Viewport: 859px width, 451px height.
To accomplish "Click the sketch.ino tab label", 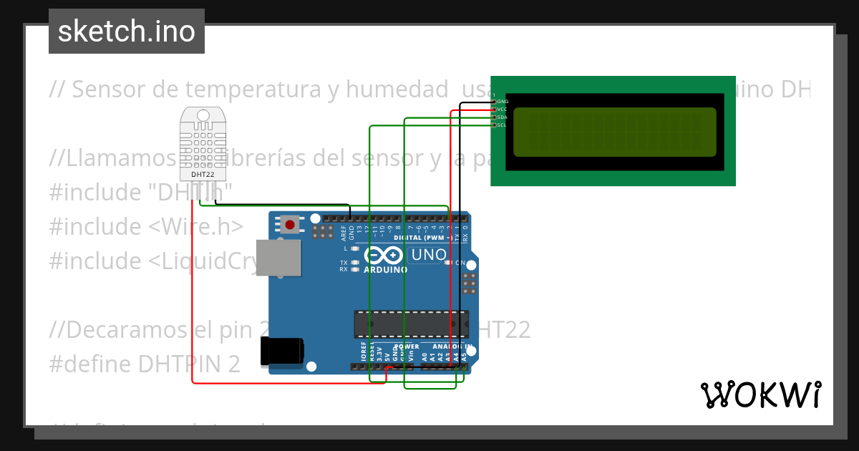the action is [127, 31].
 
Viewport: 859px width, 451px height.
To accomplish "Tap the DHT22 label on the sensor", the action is [203, 174].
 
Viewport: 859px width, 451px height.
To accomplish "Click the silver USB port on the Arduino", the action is [278, 258].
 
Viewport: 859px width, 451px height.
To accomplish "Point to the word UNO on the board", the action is [429, 255].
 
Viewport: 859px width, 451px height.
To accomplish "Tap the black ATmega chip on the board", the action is [412, 324].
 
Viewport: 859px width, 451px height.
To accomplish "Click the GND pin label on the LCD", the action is [503, 102].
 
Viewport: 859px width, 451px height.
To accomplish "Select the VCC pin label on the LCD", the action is [503, 110].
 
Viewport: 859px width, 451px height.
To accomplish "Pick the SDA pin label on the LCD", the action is [503, 117].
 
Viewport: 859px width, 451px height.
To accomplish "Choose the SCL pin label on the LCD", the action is [503, 125].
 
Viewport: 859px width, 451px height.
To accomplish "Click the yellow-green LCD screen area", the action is [615, 132].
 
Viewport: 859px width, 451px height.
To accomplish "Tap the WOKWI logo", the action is [760, 394].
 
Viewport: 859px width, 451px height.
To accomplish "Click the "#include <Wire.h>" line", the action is [146, 226].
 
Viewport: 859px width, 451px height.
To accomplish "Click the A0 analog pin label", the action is [424, 354].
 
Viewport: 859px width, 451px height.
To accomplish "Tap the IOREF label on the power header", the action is [363, 350].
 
